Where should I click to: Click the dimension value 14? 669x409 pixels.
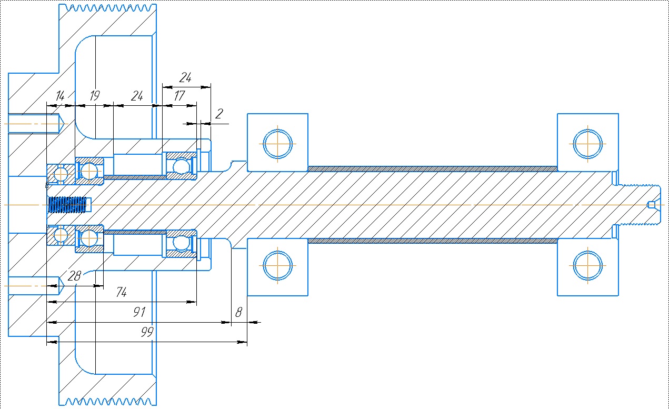click(61, 96)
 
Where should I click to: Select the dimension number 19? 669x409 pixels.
click(95, 96)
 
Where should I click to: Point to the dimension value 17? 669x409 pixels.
click(179, 96)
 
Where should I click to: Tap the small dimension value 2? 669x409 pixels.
click(219, 114)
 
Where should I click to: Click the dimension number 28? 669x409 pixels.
click(74, 276)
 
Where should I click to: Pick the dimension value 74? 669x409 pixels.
click(122, 292)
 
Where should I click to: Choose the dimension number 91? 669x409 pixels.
click(139, 312)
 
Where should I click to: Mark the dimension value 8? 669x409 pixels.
click(238, 313)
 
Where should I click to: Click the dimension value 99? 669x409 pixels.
click(147, 332)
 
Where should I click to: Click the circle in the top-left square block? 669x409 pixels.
click(277, 129)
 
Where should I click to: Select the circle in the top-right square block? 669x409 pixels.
click(587, 129)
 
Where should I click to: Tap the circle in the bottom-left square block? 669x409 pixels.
click(277, 251)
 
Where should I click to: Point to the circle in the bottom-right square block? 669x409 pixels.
click(587, 251)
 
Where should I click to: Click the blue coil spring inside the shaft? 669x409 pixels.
click(67, 205)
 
